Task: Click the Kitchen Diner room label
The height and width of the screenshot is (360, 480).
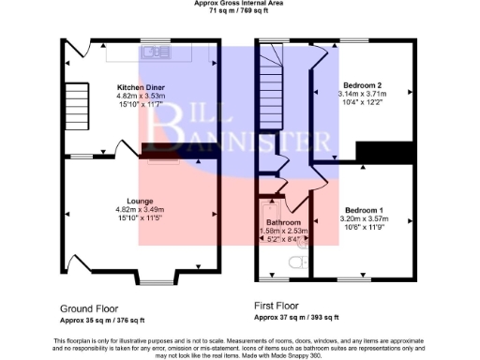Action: pyautogui.click(x=140, y=87)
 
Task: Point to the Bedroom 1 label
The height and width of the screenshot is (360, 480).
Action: pyautogui.click(x=363, y=209)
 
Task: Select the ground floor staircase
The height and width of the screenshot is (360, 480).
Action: pyautogui.click(x=76, y=105)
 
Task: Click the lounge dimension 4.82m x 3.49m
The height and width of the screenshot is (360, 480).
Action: pyautogui.click(x=140, y=209)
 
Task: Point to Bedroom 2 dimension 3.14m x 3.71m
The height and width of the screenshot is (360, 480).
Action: pyautogui.click(x=362, y=95)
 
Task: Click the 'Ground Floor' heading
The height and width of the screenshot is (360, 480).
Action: pyautogui.click(x=90, y=307)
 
